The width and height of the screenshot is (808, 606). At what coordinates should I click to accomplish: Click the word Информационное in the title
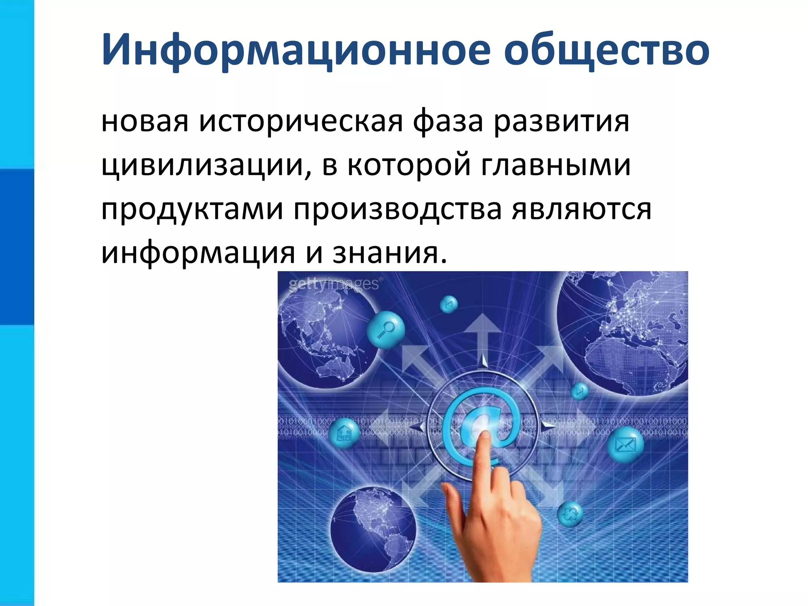[x=296, y=50]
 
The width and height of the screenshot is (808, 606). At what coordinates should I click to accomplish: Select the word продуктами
[x=192, y=209]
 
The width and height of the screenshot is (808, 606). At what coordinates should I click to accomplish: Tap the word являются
[x=582, y=209]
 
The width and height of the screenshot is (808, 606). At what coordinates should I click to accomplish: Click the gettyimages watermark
[x=334, y=284]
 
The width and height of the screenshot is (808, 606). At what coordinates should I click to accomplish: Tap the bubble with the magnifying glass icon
[x=385, y=329]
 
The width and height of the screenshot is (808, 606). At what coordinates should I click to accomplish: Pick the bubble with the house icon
[x=344, y=433]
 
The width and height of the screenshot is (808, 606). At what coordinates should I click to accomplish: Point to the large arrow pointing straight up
[x=482, y=331]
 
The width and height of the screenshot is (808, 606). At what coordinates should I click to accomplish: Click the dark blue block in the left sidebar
[x=17, y=247]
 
